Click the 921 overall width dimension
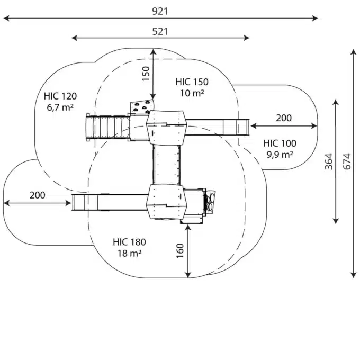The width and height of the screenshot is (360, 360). click(160, 11)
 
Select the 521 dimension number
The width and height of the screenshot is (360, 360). click(160, 31)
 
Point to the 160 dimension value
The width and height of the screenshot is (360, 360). click(180, 251)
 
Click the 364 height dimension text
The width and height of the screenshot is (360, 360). click(328, 161)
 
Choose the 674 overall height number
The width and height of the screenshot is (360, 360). click(347, 161)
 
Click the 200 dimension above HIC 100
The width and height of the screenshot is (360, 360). click(283, 118)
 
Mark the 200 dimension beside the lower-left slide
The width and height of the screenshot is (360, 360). click(37, 195)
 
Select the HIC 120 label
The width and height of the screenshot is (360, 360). click(60, 96)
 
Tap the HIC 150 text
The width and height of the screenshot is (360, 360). click(192, 82)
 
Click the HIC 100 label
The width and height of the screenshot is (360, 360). click(280, 143)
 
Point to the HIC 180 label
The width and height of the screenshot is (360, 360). click(129, 242)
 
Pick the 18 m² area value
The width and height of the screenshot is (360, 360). click(129, 254)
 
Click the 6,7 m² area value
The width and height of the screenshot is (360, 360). click(60, 107)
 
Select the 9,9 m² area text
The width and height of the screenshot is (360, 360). click(280, 155)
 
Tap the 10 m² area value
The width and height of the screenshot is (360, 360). click(192, 93)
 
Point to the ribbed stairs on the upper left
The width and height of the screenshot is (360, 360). click(106, 127)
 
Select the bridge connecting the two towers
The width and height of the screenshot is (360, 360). click(167, 165)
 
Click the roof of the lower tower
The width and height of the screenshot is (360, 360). click(167, 201)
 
